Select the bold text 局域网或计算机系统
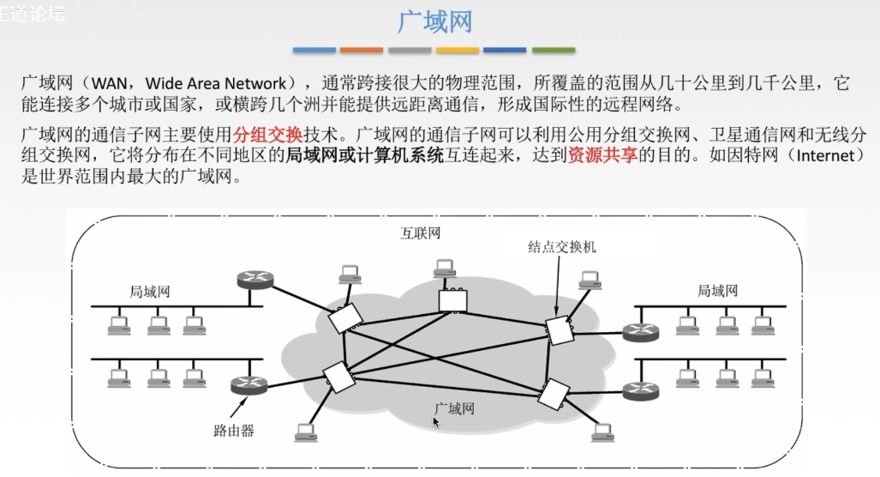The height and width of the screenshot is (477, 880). pos(364,157)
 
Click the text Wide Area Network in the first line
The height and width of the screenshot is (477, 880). pos(215,84)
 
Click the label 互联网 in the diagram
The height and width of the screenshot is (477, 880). pos(422,233)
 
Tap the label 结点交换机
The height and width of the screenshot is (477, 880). pos(562,247)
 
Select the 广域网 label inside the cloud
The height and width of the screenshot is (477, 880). pos(454,408)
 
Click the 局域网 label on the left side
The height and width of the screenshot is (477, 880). pos(150,292)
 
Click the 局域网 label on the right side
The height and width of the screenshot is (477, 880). pos(716,292)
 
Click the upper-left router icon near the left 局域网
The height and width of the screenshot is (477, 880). pos(254,279)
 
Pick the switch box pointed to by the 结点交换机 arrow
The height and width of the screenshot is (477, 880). pos(559,329)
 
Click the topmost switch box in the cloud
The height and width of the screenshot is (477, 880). pos(451,299)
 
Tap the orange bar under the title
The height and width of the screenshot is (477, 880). pos(362,51)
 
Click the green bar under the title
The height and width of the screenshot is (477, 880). pos(554,51)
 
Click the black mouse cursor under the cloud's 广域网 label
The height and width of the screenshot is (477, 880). pos(436,421)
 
